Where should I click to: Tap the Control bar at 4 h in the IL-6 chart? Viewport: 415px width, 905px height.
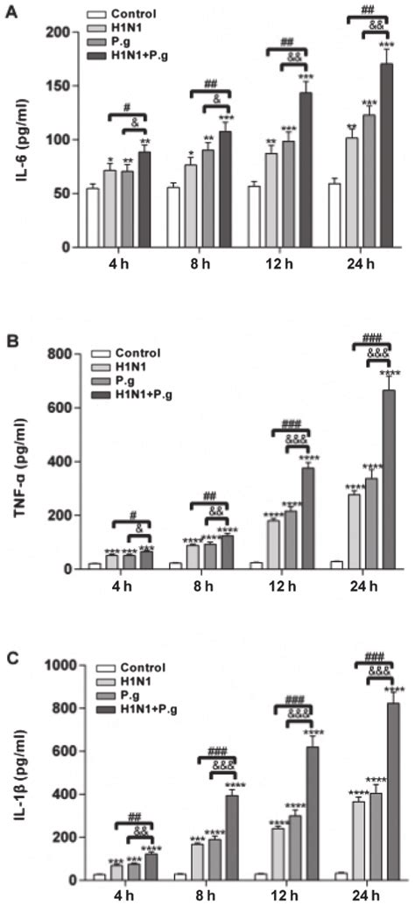tap(92, 218)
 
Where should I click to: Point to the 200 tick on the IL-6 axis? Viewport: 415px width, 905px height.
tap(57, 32)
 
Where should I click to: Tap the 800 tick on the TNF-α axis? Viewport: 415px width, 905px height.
tap(57, 354)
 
